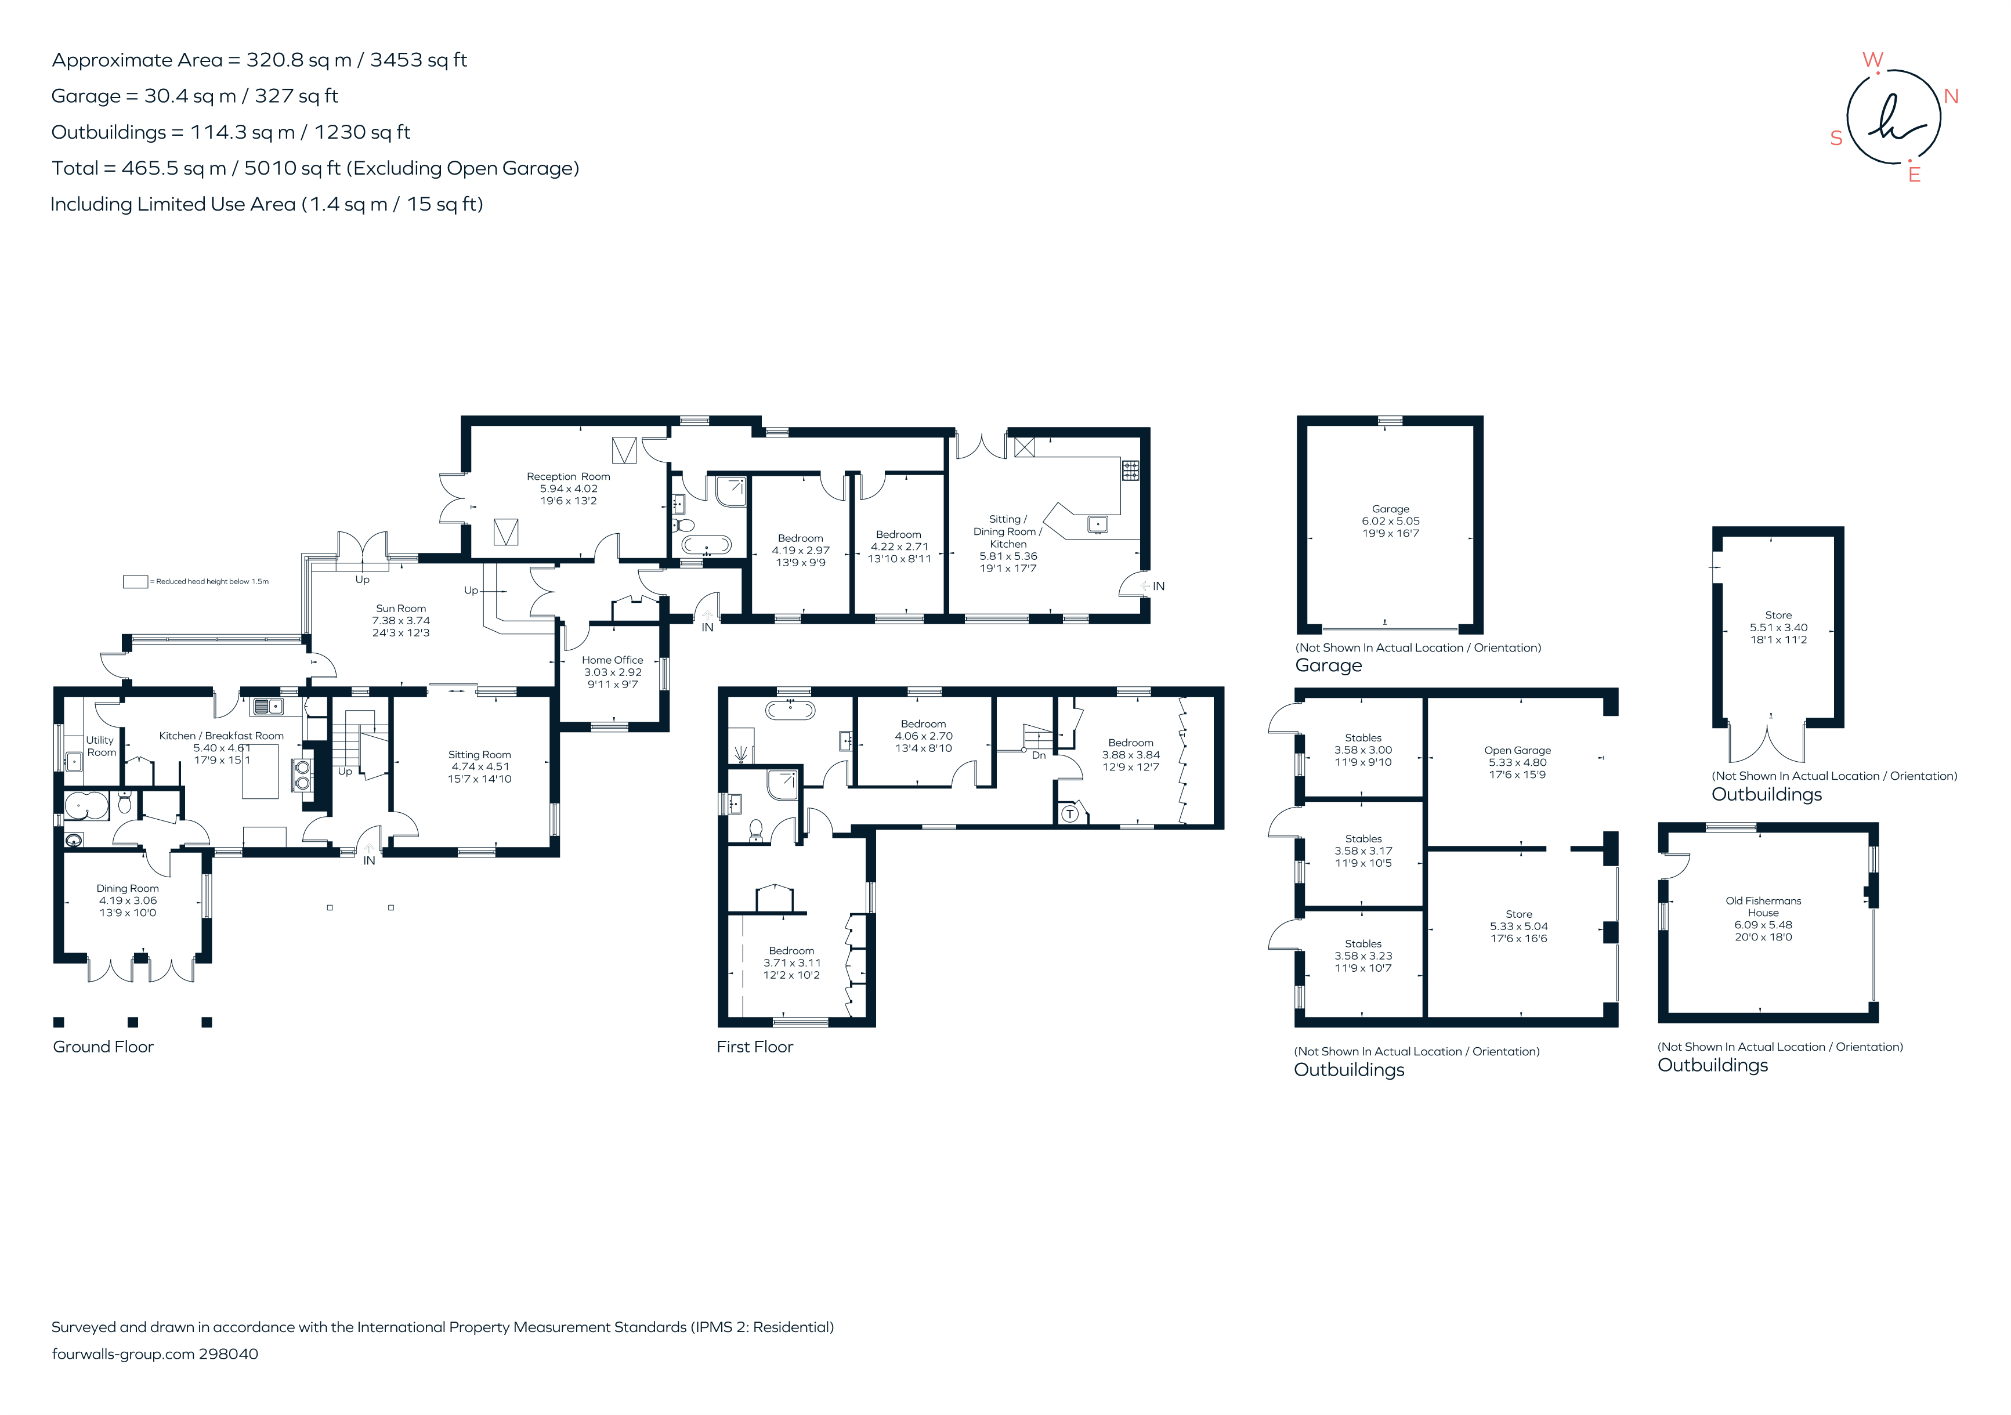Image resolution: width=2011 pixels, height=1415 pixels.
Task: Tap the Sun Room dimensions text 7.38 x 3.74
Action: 400,620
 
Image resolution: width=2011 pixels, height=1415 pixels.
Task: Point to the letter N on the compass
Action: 1951,96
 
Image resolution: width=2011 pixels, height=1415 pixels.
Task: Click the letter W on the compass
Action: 1872,60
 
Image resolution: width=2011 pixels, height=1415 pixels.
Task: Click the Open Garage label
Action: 1517,750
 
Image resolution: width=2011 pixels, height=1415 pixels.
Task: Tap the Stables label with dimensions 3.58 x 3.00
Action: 1363,738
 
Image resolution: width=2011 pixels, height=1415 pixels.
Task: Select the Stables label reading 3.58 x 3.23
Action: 1363,944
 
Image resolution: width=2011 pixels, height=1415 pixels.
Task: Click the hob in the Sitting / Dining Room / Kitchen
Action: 1131,470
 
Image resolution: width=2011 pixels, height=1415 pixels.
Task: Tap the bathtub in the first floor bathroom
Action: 791,710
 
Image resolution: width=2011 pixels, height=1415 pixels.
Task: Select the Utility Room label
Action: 101,746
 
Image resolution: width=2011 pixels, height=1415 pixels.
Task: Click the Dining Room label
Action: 127,888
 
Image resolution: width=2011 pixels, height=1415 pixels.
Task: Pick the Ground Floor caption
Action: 103,1047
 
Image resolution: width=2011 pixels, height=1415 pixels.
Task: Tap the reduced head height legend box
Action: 135,581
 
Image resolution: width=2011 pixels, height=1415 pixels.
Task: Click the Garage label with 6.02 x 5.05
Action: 1390,509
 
